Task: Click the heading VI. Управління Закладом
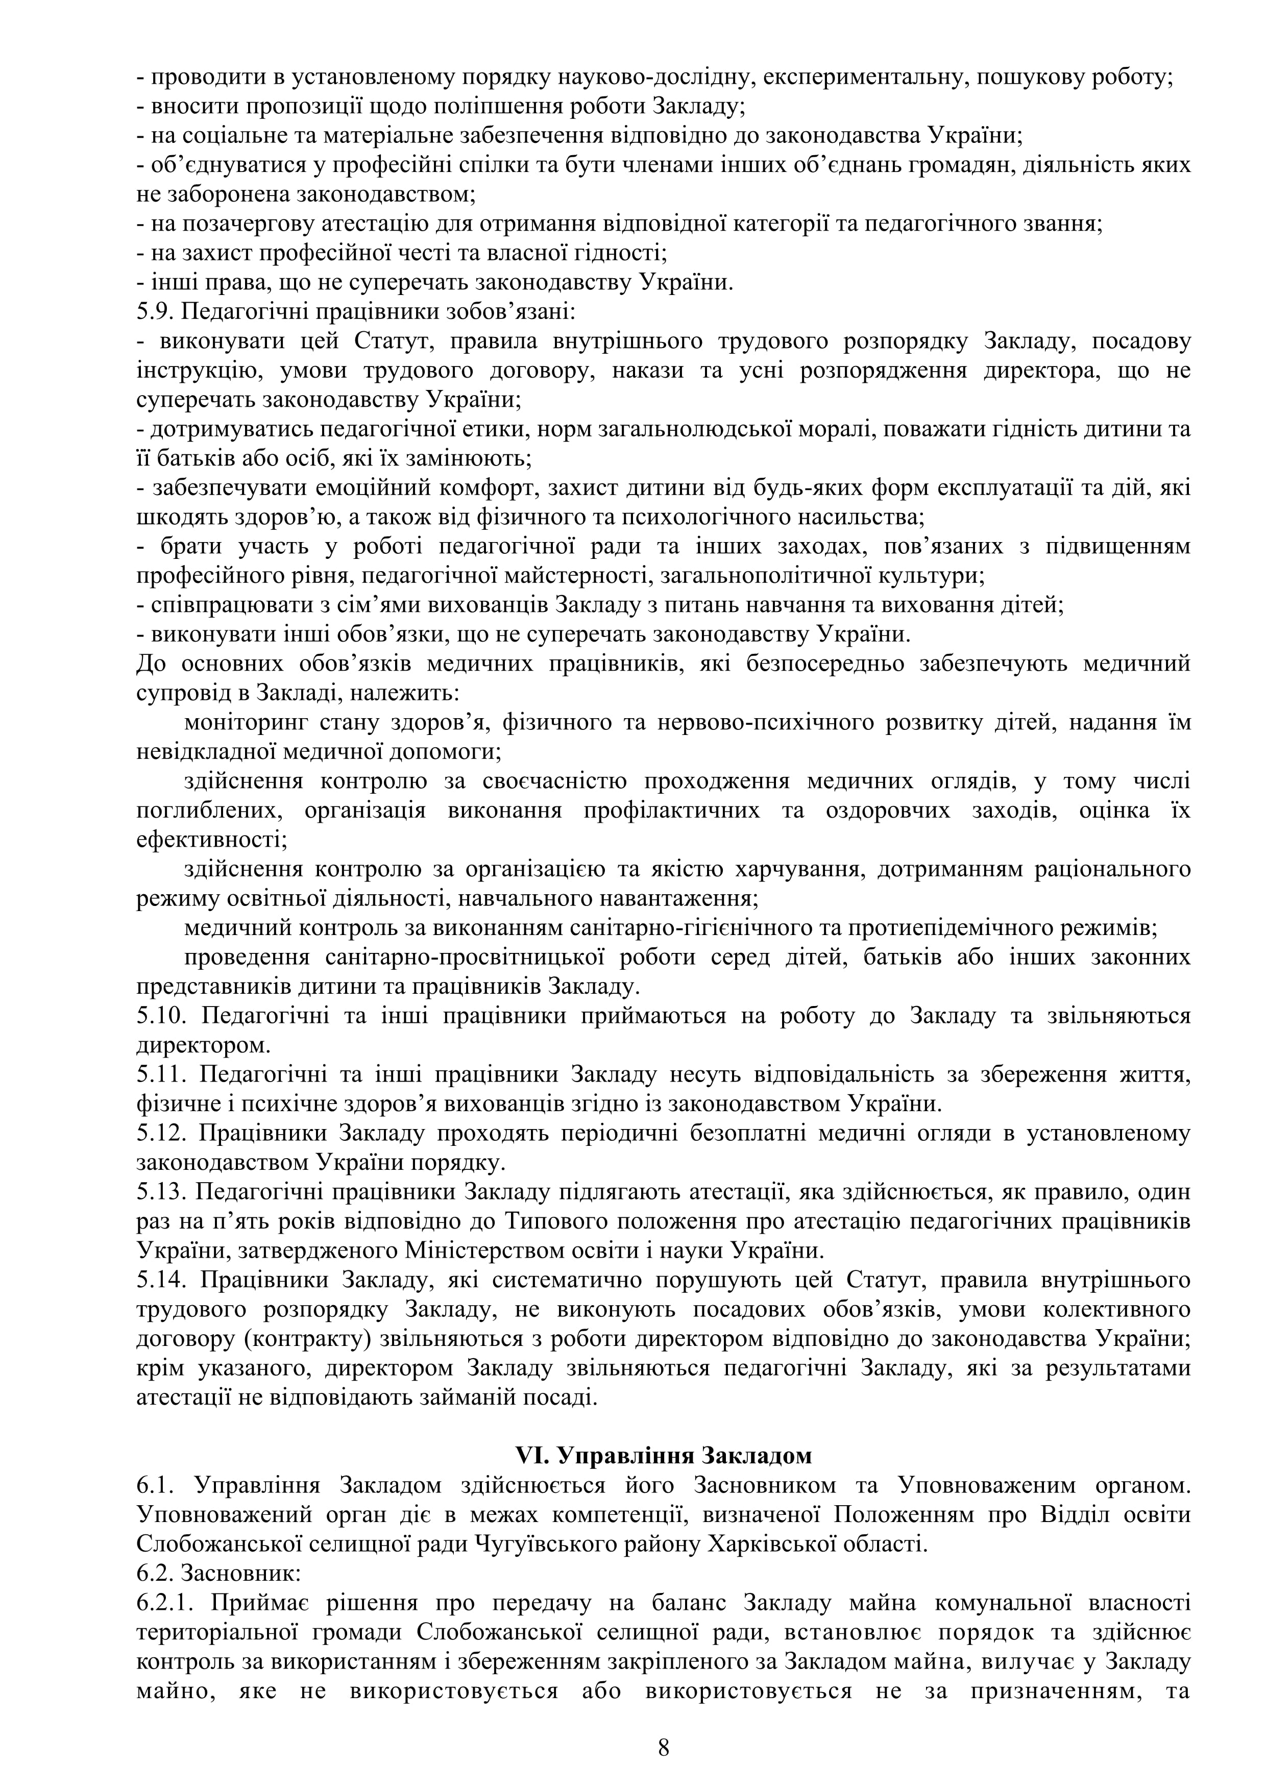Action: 664,1456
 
